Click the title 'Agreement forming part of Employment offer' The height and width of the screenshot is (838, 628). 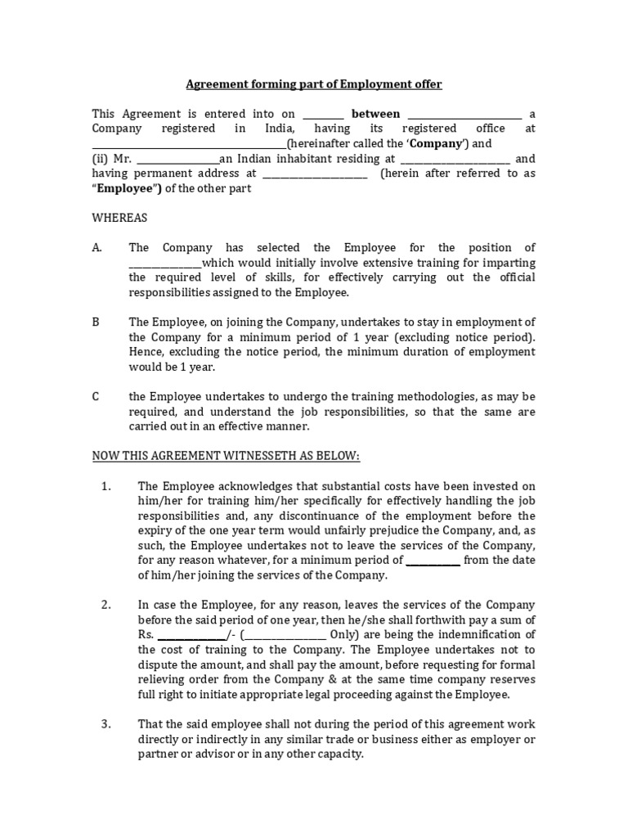(314, 84)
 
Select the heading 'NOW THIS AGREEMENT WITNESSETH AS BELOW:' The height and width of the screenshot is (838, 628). (226, 455)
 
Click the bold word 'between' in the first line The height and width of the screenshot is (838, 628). (375, 114)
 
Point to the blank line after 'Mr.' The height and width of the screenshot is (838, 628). (177, 160)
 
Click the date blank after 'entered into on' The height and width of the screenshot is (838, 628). (324, 115)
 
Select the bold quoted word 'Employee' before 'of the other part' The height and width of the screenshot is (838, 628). (127, 189)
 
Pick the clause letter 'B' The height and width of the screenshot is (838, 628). (96, 322)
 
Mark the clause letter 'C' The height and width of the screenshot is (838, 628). (96, 397)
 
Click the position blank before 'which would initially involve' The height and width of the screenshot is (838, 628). (164, 264)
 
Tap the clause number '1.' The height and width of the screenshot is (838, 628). (105, 486)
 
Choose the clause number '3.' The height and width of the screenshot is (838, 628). (105, 725)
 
